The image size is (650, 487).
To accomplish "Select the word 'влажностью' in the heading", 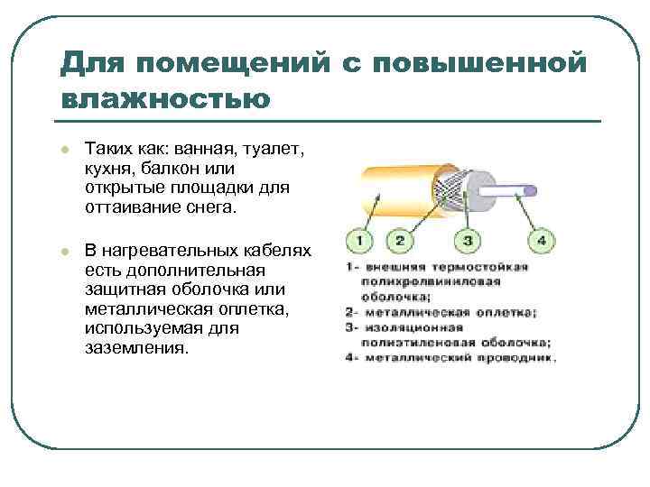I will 165,98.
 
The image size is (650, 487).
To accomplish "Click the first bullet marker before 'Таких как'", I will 65,148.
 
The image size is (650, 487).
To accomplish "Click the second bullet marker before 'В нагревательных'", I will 65,249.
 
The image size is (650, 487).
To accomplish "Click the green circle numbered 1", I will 358,241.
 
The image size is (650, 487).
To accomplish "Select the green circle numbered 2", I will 398,241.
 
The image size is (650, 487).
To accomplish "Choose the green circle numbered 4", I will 541,241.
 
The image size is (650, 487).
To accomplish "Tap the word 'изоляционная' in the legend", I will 413,327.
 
